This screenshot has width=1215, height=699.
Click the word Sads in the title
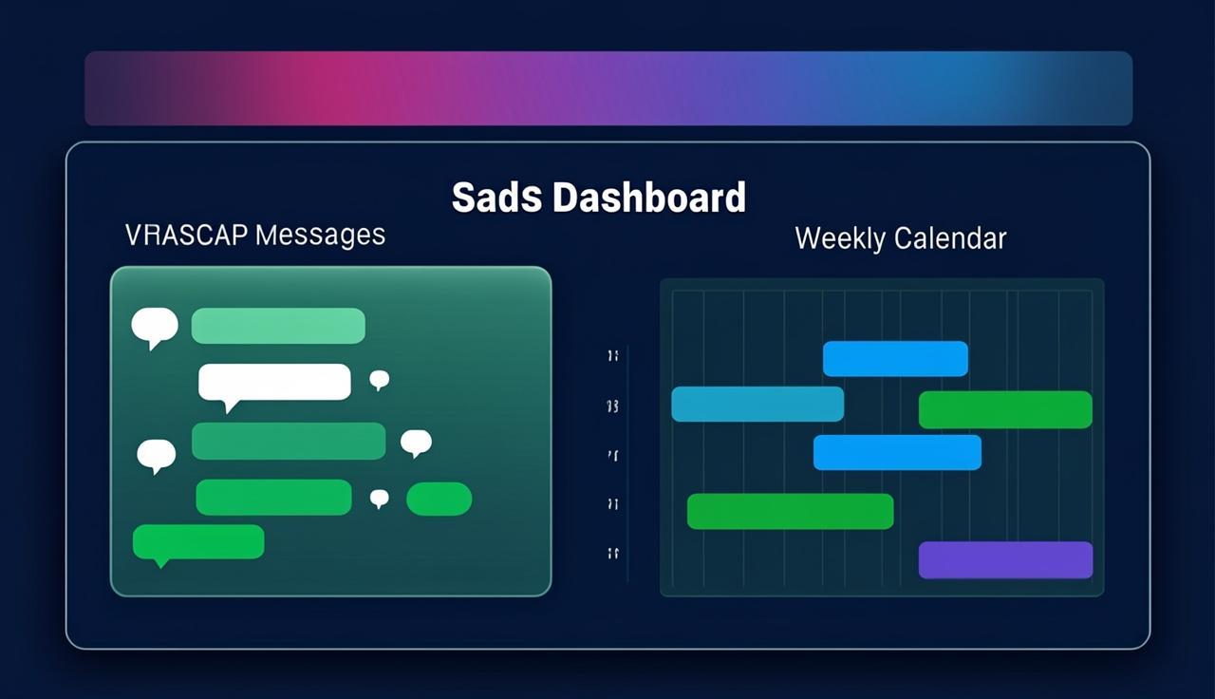[496, 198]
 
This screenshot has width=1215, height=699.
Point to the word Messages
[321, 235]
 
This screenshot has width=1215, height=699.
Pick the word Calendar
[949, 237]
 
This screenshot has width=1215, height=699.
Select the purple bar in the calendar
[1005, 559]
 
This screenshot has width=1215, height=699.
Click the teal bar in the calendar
[757, 404]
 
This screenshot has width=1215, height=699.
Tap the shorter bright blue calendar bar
[895, 359]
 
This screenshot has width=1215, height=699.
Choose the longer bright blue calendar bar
[897, 452]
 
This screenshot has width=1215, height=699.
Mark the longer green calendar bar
[790, 511]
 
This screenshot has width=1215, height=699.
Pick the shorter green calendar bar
[1005, 409]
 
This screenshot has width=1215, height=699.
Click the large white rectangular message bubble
[274, 382]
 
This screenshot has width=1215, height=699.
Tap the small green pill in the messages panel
[439, 499]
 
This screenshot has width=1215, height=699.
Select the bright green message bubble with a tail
[198, 541]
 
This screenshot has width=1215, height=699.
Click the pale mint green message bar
[278, 326]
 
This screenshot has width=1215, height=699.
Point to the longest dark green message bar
[289, 441]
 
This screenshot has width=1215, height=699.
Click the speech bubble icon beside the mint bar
[154, 326]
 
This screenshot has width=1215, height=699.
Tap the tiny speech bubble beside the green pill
[380, 498]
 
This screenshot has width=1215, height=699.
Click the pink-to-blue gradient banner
[607, 88]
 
